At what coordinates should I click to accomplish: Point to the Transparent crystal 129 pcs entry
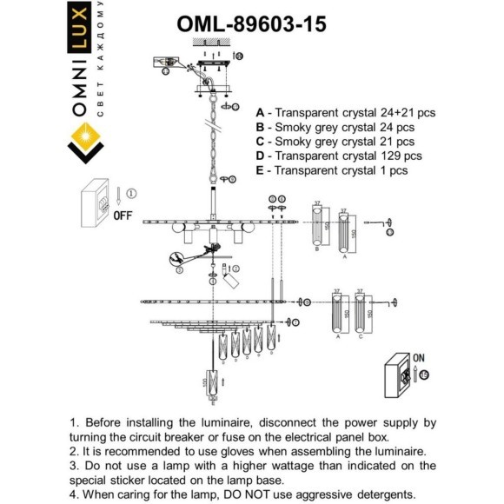tap(339, 156)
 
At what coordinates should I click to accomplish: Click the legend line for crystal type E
tap(331, 170)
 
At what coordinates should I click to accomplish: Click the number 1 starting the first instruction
tap(74, 422)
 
